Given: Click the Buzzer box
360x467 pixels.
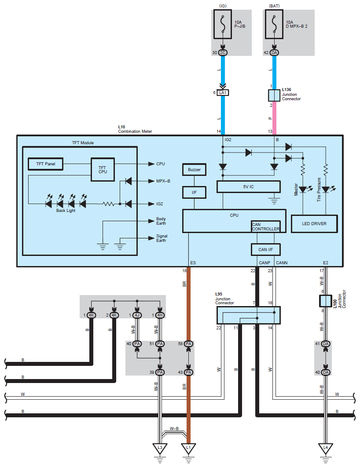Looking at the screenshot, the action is (194, 169).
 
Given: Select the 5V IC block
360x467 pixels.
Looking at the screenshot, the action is (248, 187).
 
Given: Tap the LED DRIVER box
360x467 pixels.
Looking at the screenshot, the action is (314, 224).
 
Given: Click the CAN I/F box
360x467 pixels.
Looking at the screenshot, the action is (265, 250).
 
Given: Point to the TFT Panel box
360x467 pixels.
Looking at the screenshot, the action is (46, 164).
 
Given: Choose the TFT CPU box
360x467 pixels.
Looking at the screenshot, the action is (103, 170).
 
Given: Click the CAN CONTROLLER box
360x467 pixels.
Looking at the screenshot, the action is (265, 226).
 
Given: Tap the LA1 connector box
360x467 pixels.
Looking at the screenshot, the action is (223, 93).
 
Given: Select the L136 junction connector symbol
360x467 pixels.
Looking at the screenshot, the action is (274, 95).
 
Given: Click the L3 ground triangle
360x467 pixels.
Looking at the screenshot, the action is (160, 448).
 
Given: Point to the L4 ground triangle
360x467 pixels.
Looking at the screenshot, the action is (325, 448).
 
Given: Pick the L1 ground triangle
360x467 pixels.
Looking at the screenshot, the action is (188, 448).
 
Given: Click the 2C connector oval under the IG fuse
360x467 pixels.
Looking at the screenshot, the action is (223, 53).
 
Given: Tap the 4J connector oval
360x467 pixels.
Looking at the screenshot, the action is (137, 315).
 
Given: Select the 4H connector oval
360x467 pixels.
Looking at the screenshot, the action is (160, 315).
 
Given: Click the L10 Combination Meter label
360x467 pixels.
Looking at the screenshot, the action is (135, 129).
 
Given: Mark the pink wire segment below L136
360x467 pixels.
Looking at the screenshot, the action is (274, 118).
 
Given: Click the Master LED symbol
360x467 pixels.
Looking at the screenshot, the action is (303, 190).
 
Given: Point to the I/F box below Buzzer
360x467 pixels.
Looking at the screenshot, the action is (194, 193).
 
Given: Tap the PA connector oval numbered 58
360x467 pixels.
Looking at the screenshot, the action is (188, 344).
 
